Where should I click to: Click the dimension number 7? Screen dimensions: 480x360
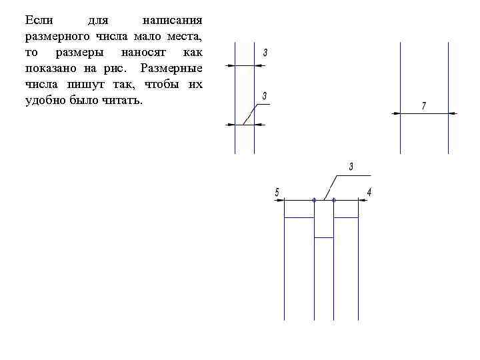423,106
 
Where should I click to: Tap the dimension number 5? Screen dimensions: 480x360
277,193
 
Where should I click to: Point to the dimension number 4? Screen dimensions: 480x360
369,193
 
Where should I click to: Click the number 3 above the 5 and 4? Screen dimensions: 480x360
351,166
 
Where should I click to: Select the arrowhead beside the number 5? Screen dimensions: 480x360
281,199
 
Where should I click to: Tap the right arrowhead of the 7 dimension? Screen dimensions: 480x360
453,114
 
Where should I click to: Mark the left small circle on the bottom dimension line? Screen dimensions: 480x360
314,199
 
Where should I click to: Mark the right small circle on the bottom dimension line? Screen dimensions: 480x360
333,199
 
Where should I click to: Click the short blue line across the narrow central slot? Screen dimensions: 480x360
323,237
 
